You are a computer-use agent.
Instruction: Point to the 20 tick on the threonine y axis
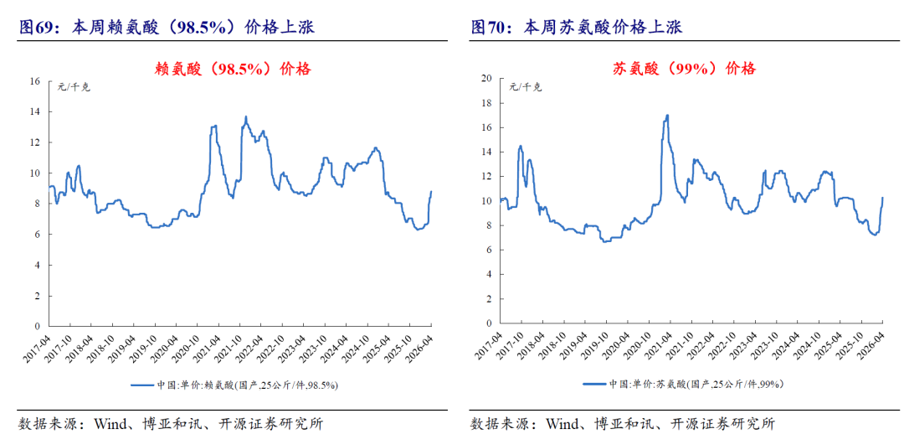[485, 79]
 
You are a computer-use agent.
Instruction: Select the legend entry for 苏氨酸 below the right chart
[685, 385]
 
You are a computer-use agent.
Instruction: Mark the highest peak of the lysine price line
[246, 116]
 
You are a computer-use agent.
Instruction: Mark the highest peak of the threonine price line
[667, 115]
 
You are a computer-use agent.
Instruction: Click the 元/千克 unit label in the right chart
[526, 86]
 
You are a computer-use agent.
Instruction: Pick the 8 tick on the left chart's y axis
[37, 204]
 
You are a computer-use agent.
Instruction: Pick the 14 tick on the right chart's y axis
[485, 152]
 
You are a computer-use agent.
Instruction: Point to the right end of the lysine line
[431, 192]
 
